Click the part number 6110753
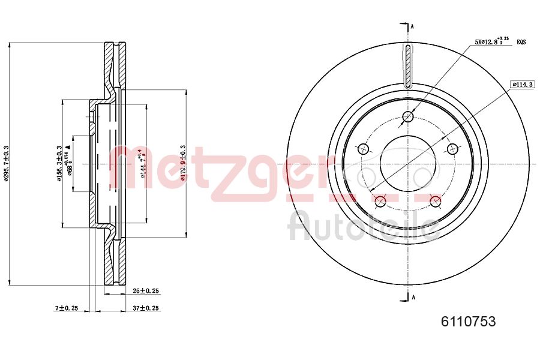click(468, 322)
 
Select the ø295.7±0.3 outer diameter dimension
click(5, 163)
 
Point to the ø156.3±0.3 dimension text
click(59, 163)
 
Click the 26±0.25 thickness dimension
click(145, 291)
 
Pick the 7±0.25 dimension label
click(67, 308)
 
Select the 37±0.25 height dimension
click(145, 308)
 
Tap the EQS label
click(521, 42)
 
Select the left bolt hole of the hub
click(362, 149)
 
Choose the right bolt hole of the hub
click(453, 149)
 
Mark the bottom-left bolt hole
click(380, 202)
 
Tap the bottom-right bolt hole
click(436, 202)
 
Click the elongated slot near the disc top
click(408, 66)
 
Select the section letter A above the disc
click(412, 26)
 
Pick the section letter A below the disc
click(412, 296)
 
